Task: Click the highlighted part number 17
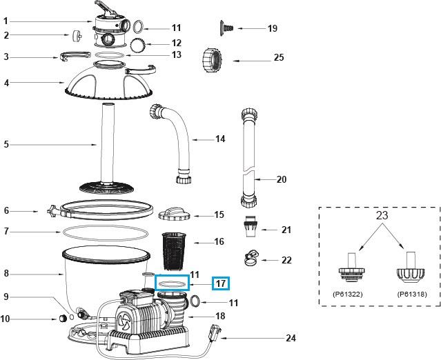pyautogui.click(x=221, y=283)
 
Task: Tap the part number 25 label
pyautogui.click(x=278, y=58)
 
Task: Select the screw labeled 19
pyautogui.click(x=227, y=27)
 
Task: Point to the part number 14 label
pyautogui.click(x=220, y=139)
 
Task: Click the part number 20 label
pyautogui.click(x=281, y=180)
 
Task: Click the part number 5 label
pyautogui.click(x=6, y=145)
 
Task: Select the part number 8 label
pyautogui.click(x=6, y=274)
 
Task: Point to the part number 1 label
pyautogui.click(x=6, y=20)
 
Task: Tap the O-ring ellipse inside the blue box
pyautogui.click(x=171, y=283)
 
